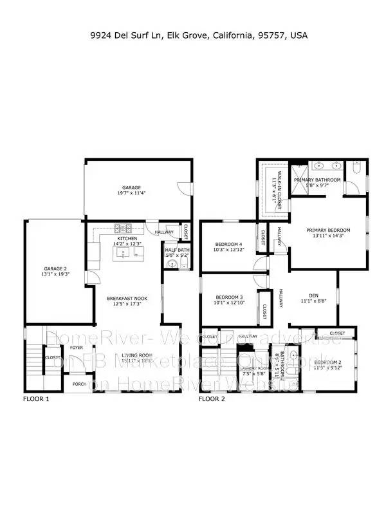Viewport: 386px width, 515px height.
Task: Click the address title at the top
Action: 198,35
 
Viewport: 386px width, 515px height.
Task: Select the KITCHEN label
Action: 125,238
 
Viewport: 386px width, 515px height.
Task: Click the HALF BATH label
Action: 178,250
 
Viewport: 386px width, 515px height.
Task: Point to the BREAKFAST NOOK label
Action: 126,297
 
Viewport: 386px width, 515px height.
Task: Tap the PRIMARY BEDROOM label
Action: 328,230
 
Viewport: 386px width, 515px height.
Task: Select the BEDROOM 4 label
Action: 228,244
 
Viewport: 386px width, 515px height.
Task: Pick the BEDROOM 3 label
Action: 228,297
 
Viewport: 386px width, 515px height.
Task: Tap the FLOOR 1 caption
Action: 36,399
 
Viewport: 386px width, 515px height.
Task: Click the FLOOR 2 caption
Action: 212,399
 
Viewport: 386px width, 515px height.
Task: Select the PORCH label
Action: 79,384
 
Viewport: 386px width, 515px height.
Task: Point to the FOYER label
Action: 77,348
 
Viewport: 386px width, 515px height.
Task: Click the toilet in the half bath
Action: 172,264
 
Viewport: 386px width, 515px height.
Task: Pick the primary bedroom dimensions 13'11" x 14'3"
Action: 328,236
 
